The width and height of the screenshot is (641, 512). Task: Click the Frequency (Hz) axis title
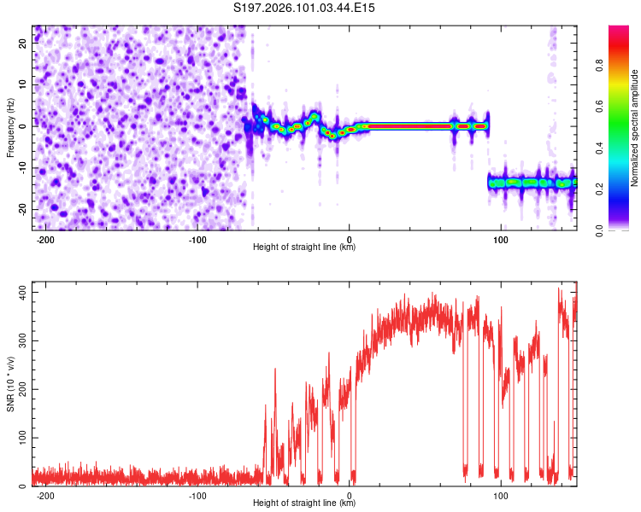pos(10,127)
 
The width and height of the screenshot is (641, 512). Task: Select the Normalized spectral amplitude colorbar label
pos(635,128)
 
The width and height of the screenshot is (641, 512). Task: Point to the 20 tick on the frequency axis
pos(23,44)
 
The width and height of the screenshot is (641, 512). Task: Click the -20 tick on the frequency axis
pos(21,208)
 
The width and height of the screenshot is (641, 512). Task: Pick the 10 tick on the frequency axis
pos(23,85)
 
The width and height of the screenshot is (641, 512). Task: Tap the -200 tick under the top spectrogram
pos(46,239)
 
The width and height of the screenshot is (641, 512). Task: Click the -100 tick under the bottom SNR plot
pos(198,495)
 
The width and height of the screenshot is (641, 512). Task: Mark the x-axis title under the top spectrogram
pos(304,247)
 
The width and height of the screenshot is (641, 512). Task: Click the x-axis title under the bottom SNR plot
pos(304,503)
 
